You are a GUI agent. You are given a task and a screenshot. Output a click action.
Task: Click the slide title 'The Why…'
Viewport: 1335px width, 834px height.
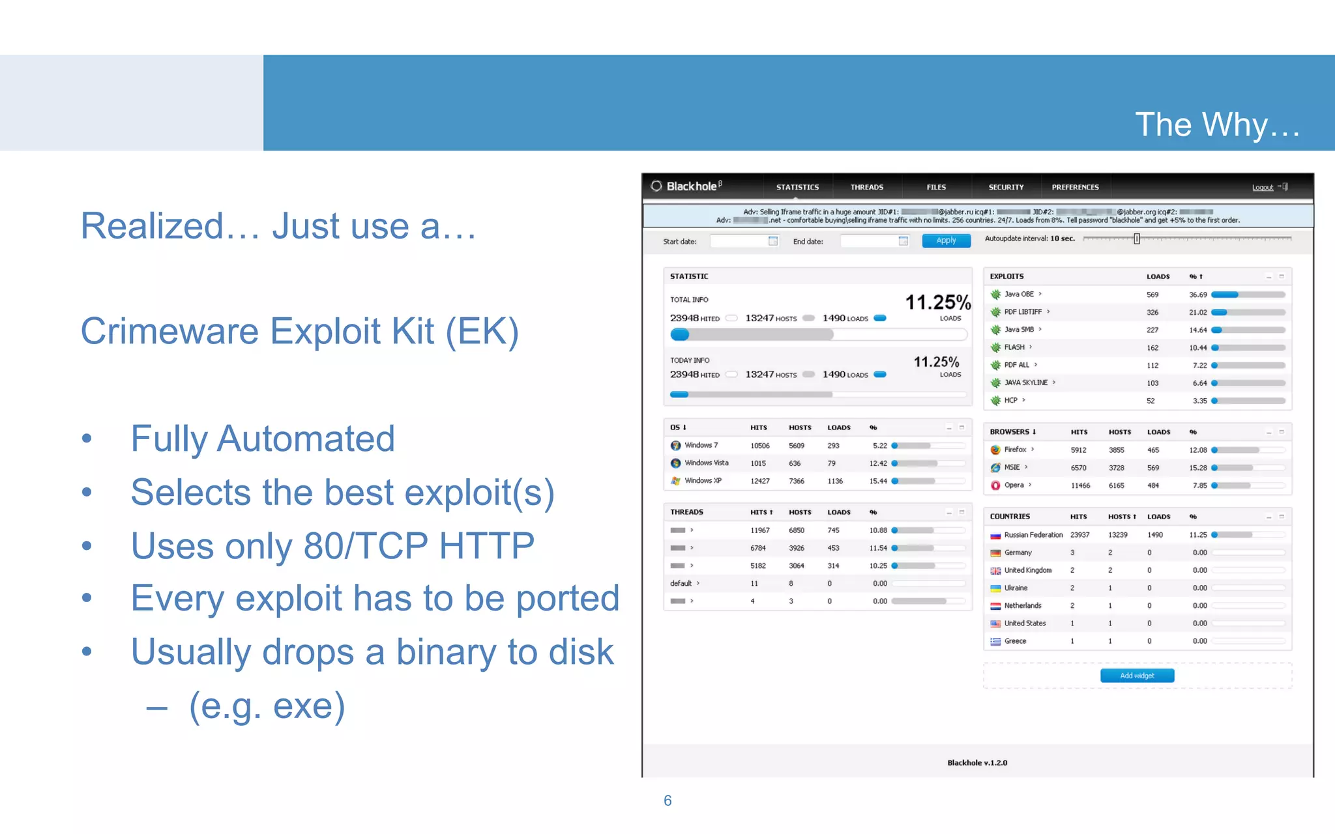[x=1216, y=124]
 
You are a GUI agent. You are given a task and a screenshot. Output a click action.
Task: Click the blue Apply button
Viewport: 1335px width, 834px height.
[x=946, y=240]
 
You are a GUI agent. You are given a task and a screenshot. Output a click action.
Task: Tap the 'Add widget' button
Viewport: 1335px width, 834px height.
[x=1137, y=676]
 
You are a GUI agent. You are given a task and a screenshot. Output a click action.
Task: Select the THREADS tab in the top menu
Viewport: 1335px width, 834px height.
[x=866, y=187]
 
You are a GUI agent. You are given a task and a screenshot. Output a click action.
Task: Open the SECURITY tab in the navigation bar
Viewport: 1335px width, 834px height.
[x=1006, y=187]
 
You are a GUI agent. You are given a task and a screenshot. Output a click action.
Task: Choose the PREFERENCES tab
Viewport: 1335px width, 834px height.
[x=1075, y=187]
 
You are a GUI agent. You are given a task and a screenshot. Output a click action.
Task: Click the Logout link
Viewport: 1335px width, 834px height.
[x=1262, y=188]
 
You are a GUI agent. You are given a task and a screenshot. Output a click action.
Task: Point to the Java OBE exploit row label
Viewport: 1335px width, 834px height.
[x=1019, y=295]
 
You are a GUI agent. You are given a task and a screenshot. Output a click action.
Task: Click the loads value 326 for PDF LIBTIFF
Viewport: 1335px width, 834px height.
[x=1152, y=313]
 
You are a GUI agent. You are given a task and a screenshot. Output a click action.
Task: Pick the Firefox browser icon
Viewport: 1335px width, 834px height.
[x=995, y=450]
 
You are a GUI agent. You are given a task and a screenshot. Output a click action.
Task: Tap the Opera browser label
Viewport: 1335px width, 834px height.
[x=1014, y=485]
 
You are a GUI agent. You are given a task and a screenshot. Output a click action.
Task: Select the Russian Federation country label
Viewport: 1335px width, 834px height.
[x=1033, y=535]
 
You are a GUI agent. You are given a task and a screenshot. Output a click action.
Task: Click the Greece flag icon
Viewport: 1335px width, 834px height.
[x=995, y=642]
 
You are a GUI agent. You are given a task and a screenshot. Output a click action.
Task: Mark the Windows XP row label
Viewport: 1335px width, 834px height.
[x=703, y=481]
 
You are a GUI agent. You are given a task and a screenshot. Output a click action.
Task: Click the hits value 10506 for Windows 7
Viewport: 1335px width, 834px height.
[x=759, y=446]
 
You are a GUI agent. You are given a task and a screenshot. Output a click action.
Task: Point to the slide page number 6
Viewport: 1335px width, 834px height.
[x=667, y=801]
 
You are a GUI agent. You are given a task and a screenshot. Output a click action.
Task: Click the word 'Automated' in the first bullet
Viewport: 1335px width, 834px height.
[x=306, y=439]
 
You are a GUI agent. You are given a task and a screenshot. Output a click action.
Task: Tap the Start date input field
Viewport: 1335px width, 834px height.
[x=744, y=241]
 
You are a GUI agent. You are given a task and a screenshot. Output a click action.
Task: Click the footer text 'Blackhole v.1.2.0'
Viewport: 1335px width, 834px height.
[x=977, y=763]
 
